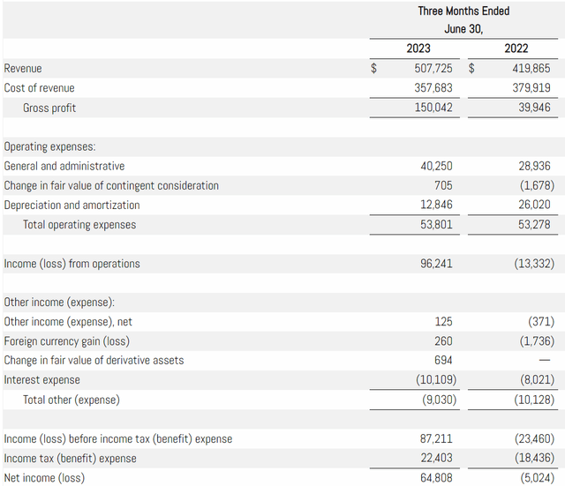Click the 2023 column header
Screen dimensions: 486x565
[418, 49]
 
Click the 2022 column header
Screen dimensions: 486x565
[516, 49]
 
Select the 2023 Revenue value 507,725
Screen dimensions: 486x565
[433, 68]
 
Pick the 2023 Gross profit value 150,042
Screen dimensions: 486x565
[433, 108]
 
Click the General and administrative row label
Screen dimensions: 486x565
[64, 166]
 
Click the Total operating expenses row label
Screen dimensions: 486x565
[79, 224]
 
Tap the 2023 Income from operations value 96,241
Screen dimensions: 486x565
[437, 263]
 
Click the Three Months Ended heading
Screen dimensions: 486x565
[463, 11]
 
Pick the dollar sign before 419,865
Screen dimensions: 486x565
[471, 68]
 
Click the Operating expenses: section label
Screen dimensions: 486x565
[50, 146]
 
